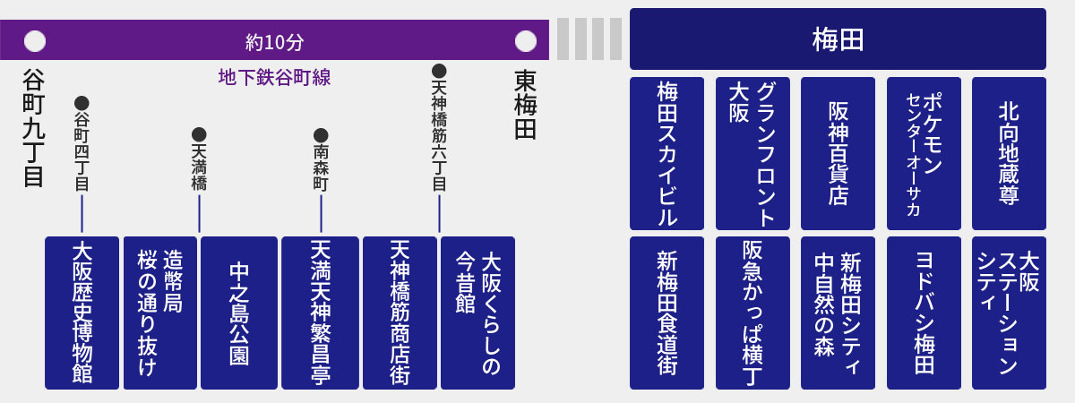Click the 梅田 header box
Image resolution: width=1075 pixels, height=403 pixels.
(x=838, y=39)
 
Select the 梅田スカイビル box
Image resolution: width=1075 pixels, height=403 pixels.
(x=666, y=153)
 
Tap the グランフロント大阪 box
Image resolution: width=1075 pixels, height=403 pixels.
(x=752, y=153)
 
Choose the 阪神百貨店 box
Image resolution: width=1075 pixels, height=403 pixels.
(x=838, y=153)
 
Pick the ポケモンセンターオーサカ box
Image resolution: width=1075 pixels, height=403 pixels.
(x=924, y=153)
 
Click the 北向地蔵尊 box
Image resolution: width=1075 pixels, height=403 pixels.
(x=1009, y=153)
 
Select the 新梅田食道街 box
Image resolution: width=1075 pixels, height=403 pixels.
(x=666, y=313)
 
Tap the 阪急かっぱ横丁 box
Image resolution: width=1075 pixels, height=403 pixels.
(x=752, y=313)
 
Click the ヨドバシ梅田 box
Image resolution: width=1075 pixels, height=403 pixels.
(x=924, y=313)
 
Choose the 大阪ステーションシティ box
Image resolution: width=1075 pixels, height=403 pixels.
(x=1009, y=313)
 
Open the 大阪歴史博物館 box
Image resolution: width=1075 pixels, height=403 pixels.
(x=82, y=313)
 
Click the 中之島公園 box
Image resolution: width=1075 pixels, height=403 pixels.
(x=239, y=313)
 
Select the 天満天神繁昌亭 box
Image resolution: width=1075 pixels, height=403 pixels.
(x=320, y=313)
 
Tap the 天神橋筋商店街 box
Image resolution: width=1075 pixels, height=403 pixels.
(x=400, y=313)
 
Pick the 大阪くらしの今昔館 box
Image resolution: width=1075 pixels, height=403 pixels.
(x=477, y=313)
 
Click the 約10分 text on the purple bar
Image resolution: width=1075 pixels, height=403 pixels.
(x=275, y=42)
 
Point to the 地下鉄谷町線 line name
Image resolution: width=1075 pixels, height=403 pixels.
(x=274, y=77)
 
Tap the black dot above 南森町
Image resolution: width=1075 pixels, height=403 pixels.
(x=321, y=135)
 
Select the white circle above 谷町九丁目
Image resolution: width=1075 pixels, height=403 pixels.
(x=35, y=41)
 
